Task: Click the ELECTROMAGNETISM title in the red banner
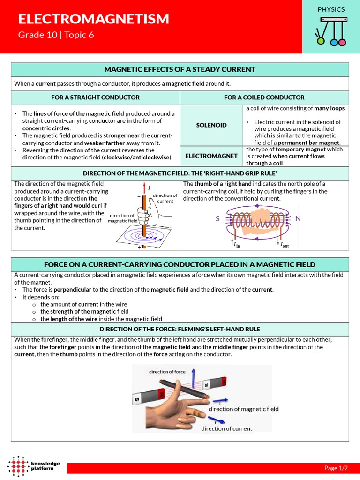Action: pyautogui.click(x=93, y=19)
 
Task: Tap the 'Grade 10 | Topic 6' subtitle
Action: pyautogui.click(x=56, y=35)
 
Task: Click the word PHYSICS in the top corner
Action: pyautogui.click(x=331, y=9)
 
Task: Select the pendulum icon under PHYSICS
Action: pyautogui.click(x=331, y=31)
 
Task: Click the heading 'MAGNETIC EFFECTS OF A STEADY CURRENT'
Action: pyautogui.click(x=180, y=69)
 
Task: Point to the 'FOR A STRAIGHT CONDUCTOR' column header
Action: pyautogui.click(x=95, y=97)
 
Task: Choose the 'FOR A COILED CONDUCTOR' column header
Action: pyautogui.click(x=264, y=97)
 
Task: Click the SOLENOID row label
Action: pyautogui.click(x=211, y=125)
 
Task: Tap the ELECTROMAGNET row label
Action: pyautogui.click(x=211, y=156)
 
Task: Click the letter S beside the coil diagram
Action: pyautogui.click(x=217, y=219)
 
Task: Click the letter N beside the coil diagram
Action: pyautogui.click(x=298, y=219)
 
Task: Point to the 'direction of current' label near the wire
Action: pyautogui.click(x=165, y=198)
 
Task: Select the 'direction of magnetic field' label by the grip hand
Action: pyautogui.click(x=122, y=218)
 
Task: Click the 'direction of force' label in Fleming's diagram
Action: pyautogui.click(x=167, y=372)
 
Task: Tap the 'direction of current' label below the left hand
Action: pyautogui.click(x=226, y=428)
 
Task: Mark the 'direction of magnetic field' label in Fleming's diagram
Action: pyautogui.click(x=243, y=409)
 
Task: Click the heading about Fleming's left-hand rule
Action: pyautogui.click(x=180, y=329)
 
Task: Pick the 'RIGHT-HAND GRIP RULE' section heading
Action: pyautogui.click(x=180, y=173)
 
